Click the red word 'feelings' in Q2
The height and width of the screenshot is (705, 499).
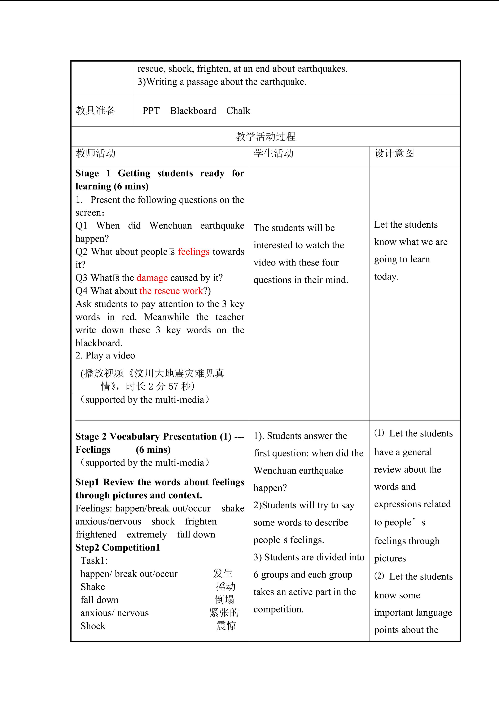pyautogui.click(x=194, y=252)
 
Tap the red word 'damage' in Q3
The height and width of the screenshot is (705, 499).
pyautogui.click(x=152, y=278)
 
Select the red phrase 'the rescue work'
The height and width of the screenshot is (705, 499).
pyautogui.click(x=171, y=291)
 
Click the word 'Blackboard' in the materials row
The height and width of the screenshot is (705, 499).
pyautogui.click(x=193, y=111)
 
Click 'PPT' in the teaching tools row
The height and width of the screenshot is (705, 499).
pyautogui.click(x=151, y=111)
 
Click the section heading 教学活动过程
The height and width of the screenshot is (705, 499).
pyautogui.click(x=266, y=137)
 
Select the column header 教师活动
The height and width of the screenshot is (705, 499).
pyautogui.click(x=96, y=153)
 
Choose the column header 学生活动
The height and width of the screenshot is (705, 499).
pyautogui.click(x=273, y=153)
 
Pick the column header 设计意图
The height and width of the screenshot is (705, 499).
pyautogui.click(x=394, y=153)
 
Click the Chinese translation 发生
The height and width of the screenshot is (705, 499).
pyautogui.click(x=223, y=573)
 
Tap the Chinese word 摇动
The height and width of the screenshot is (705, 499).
pyautogui.click(x=226, y=586)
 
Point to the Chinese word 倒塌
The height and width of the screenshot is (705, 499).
pyautogui.click(x=224, y=599)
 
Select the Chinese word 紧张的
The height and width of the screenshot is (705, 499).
pyautogui.click(x=224, y=613)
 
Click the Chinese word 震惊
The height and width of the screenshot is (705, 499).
pyautogui.click(x=226, y=625)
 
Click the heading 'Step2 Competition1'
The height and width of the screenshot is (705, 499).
pyautogui.click(x=118, y=548)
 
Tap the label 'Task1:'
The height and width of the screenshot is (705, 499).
pyautogui.click(x=94, y=561)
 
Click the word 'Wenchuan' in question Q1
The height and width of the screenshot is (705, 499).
pyautogui.click(x=171, y=226)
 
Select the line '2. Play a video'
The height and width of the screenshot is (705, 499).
pyautogui.click(x=105, y=356)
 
